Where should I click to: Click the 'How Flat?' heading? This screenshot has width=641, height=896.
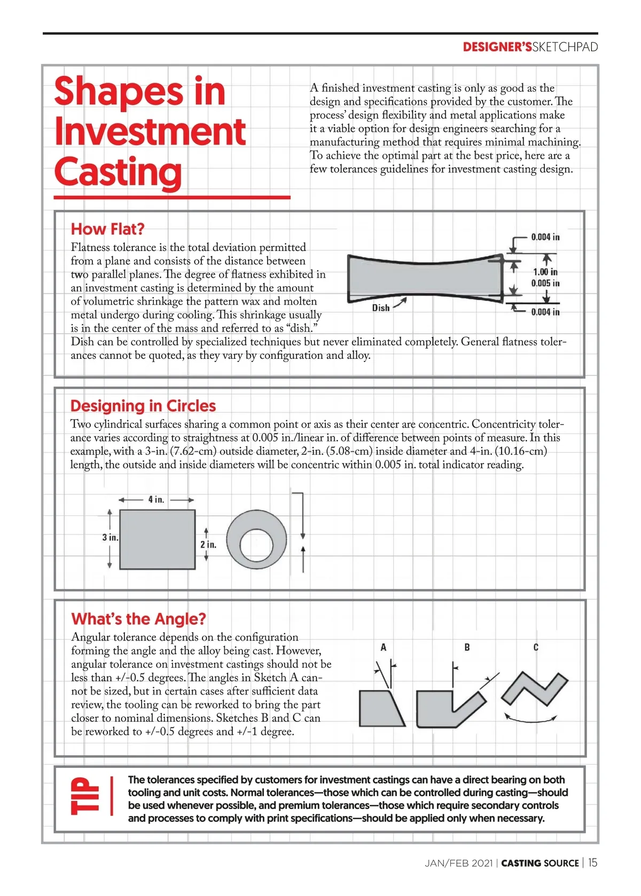point(107,229)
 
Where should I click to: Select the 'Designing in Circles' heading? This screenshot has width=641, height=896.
point(143,406)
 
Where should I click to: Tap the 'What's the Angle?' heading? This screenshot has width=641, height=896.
point(138,619)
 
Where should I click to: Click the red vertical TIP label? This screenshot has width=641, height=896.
point(84,796)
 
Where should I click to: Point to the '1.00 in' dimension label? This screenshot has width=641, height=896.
point(545,272)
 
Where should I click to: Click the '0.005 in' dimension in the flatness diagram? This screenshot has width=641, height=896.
point(545,283)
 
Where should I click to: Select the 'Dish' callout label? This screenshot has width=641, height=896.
point(380,308)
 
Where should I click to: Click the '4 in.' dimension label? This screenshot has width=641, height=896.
point(156,499)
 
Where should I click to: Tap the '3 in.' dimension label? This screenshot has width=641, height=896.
point(110,537)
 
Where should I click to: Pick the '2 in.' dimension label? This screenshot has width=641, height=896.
point(208,545)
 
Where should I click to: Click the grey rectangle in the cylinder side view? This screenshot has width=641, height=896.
point(157,539)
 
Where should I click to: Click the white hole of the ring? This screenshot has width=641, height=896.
point(256,545)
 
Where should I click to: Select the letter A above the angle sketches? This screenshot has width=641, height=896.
point(383,647)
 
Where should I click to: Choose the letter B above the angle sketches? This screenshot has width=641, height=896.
point(467,647)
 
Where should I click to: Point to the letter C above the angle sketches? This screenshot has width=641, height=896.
point(536,647)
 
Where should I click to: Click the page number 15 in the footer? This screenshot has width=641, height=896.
point(593,862)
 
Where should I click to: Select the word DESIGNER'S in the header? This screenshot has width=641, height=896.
point(497,47)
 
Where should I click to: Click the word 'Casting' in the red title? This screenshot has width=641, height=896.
point(118,172)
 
